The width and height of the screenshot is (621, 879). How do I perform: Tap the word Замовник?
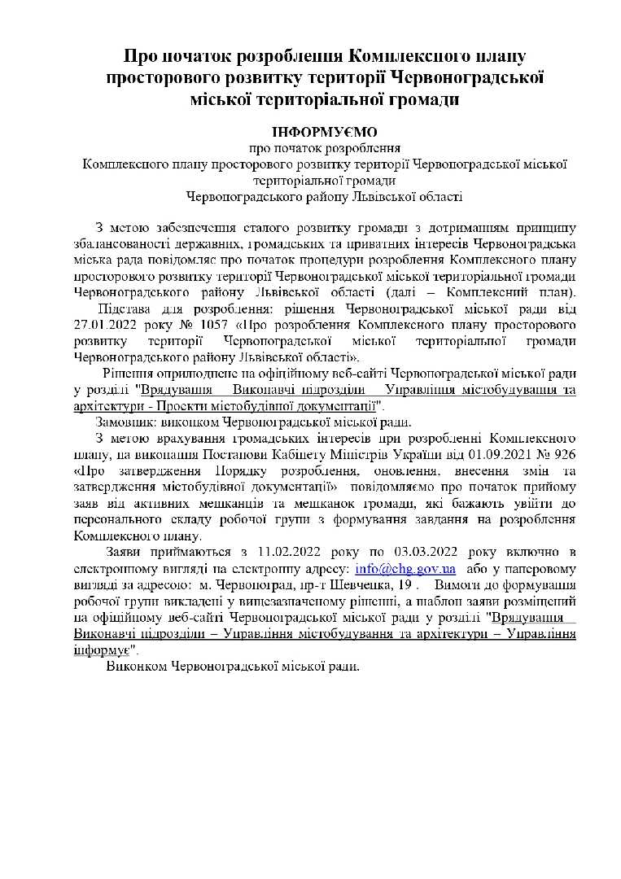point(125,422)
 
